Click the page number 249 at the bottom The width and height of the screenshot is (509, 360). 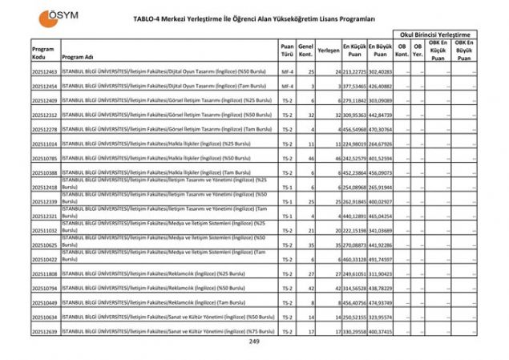click(254, 342)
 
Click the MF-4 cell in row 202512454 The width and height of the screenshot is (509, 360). click(287, 86)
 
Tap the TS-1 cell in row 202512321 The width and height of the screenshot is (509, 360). click(287, 216)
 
